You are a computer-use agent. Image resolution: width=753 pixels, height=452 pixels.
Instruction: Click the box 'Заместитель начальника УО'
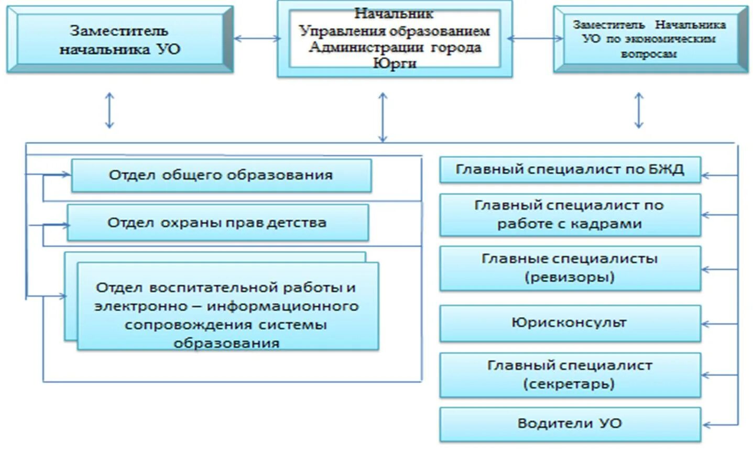[119, 40]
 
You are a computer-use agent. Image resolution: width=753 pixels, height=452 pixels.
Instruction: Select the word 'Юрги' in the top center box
[394, 63]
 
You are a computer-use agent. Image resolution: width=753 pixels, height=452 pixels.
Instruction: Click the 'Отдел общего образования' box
[221, 175]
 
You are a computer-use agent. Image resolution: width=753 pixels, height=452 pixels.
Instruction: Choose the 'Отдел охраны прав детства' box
[217, 223]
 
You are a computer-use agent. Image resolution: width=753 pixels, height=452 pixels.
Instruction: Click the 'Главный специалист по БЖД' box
[570, 170]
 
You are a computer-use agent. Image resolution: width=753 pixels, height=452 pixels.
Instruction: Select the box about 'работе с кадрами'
[570, 215]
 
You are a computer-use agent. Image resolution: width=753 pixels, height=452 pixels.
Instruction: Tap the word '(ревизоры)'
[570, 277]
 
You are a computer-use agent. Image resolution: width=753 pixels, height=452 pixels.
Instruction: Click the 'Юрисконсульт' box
[570, 323]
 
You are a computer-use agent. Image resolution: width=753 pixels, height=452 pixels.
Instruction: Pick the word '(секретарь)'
[569, 384]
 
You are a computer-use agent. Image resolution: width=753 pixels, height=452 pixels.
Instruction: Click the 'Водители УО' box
[570, 423]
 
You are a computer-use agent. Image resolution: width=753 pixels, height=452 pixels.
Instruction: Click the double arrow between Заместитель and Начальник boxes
[256, 38]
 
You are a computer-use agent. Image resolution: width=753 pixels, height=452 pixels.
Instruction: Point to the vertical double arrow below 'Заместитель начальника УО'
[109, 111]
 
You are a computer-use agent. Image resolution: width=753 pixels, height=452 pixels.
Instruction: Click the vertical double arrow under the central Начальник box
[383, 117]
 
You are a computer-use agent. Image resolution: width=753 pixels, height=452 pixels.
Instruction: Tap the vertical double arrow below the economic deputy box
[639, 111]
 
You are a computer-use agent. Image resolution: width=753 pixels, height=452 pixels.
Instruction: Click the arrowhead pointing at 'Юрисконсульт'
[706, 324]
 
